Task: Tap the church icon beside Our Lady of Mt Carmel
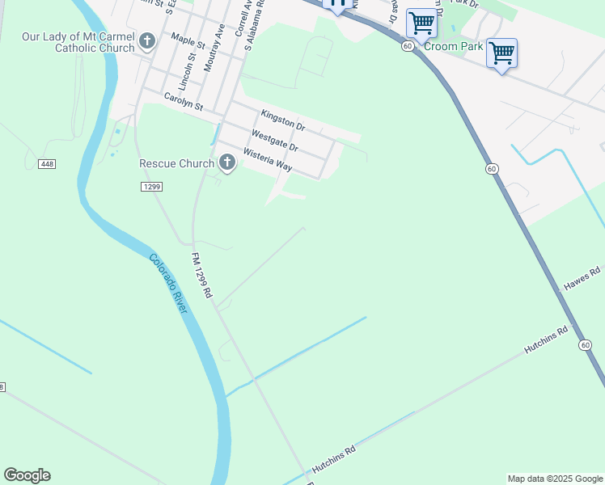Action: click(147, 40)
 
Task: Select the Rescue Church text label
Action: click(176, 163)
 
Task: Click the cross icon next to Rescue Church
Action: click(227, 163)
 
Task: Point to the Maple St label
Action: click(188, 39)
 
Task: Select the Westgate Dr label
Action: click(275, 141)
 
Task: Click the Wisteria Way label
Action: click(268, 160)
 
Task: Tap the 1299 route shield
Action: click(151, 187)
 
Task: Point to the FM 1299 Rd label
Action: click(201, 276)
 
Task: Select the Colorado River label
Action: click(170, 284)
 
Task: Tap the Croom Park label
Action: click(460, 47)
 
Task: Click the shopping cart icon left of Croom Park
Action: click(421, 23)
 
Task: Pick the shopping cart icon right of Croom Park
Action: click(501, 53)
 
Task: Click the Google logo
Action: click(27, 475)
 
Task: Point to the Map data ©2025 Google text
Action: click(555, 479)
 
